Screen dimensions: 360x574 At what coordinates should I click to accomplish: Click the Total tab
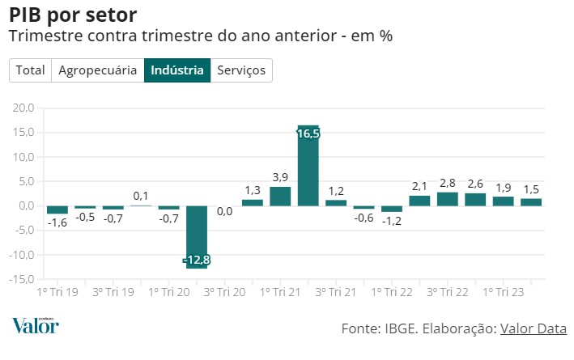tap(31, 70)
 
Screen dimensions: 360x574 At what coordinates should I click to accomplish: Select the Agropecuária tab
tap(98, 70)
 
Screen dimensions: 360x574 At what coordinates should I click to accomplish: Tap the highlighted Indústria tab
tap(177, 70)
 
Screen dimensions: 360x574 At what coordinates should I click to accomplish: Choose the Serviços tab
tap(241, 70)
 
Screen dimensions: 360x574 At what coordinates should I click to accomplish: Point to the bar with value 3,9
tap(280, 197)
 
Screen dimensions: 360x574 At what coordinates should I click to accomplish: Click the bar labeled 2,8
tap(447, 199)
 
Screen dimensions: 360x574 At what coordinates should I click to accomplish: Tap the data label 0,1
tap(141, 196)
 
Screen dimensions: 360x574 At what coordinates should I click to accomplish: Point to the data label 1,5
tap(530, 189)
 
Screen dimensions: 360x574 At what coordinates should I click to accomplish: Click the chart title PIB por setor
tap(73, 15)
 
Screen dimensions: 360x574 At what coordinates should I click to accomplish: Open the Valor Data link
tap(533, 328)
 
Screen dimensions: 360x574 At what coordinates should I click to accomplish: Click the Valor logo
tap(35, 325)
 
